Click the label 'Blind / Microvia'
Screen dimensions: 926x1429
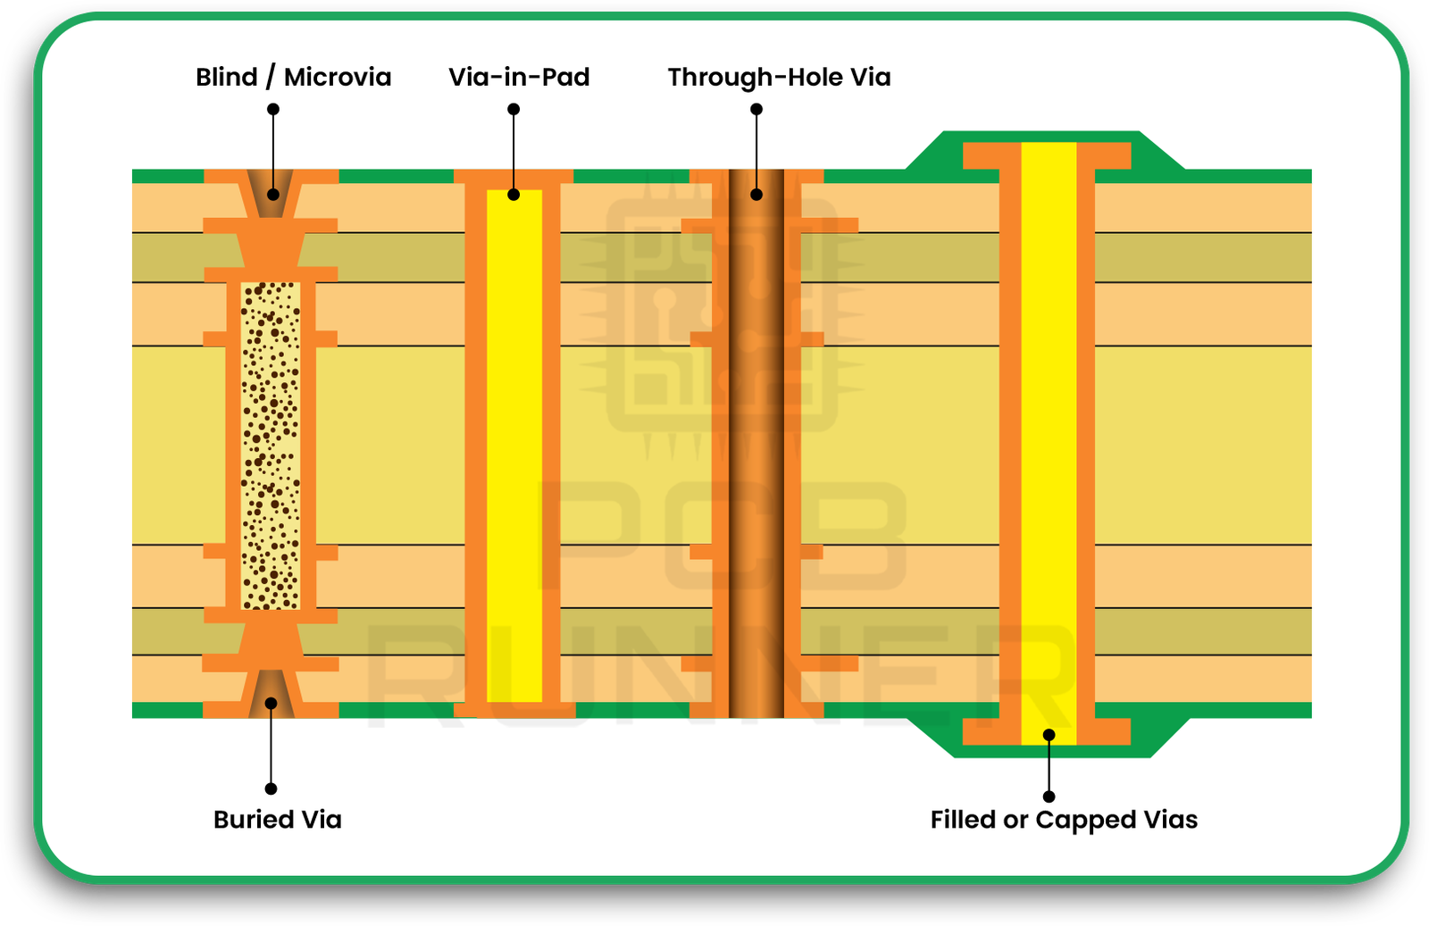[293, 78]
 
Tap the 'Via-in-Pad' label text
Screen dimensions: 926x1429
[519, 78]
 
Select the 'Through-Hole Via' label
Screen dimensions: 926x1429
[779, 78]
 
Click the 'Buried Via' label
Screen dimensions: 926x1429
[277, 820]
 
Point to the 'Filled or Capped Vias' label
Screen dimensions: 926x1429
[1064, 820]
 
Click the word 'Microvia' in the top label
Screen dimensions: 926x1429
[338, 78]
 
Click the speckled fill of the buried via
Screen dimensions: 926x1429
[271, 446]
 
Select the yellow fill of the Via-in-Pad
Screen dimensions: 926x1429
[514, 446]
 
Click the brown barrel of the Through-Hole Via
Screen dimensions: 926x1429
[756, 446]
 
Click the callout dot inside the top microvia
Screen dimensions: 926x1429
[273, 194]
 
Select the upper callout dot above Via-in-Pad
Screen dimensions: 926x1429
[514, 109]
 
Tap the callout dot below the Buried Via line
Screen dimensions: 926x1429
[271, 788]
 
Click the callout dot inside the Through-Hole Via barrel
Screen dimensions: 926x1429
[756, 194]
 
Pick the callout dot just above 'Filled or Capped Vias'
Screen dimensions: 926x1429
[1049, 796]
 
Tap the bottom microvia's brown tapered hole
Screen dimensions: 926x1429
[271, 693]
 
